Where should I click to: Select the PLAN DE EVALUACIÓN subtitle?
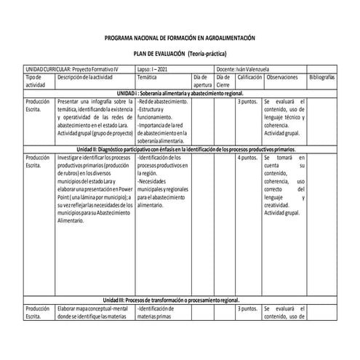click(180, 54)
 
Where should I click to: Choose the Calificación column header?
click(249, 76)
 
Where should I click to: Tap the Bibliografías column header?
click(322, 76)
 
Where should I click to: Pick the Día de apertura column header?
click(203, 80)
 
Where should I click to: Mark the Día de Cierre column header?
click(224, 80)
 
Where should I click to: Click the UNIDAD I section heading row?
click(180, 94)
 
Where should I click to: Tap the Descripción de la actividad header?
click(86, 76)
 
